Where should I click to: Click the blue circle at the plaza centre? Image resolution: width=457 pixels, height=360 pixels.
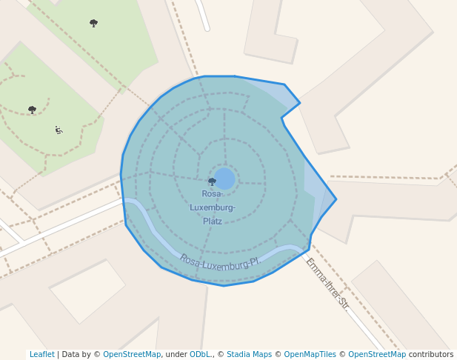(x=224, y=179)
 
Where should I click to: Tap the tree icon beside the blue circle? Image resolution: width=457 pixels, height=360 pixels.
(x=212, y=181)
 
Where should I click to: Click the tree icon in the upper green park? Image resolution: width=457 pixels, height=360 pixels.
(x=93, y=23)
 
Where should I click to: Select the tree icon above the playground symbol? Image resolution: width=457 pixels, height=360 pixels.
(x=32, y=110)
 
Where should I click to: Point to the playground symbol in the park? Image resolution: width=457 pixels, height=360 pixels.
(x=59, y=130)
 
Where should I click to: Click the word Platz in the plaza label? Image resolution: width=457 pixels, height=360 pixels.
(x=212, y=221)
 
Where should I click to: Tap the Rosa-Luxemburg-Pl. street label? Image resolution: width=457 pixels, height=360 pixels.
(x=220, y=261)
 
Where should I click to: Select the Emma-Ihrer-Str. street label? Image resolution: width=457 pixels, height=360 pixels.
(x=327, y=283)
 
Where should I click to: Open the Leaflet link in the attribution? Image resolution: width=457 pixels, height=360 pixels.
(x=41, y=354)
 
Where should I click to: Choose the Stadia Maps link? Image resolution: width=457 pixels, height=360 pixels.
(x=249, y=354)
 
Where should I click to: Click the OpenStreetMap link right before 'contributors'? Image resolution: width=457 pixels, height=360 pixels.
(x=377, y=354)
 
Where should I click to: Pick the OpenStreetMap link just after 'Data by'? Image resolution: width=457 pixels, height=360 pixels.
(x=132, y=354)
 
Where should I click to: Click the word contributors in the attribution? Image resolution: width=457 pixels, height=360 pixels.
(x=431, y=354)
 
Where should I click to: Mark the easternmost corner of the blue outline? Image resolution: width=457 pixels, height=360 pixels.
(x=336, y=199)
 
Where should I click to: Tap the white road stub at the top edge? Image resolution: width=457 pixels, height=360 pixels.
(x=203, y=15)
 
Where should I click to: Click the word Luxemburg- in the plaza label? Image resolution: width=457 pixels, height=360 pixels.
(x=213, y=207)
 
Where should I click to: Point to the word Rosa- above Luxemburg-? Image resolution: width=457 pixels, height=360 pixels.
(x=212, y=193)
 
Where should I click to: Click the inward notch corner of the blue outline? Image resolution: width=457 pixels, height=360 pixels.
(x=281, y=118)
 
